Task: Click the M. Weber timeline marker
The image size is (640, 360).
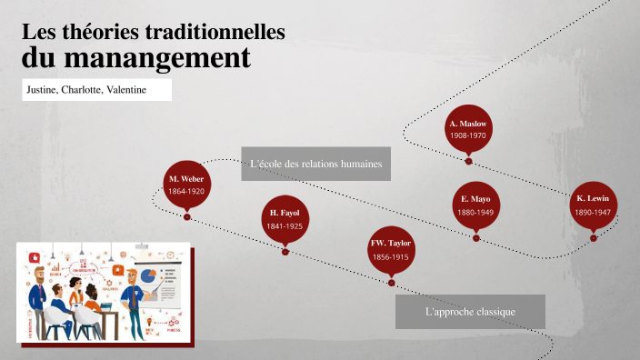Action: coord(186,185)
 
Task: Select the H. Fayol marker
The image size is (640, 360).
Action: coord(285,218)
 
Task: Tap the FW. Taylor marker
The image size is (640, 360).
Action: coord(391,249)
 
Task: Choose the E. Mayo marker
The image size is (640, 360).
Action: coord(475,205)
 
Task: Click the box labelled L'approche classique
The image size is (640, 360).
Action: coord(470,312)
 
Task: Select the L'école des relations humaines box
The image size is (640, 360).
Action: coord(315,165)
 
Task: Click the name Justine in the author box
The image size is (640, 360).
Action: coord(41,90)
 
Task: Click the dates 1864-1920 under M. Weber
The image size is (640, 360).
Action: coord(186,192)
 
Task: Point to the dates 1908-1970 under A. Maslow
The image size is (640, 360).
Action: coord(468,135)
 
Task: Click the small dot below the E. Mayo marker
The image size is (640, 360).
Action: coord(475,238)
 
